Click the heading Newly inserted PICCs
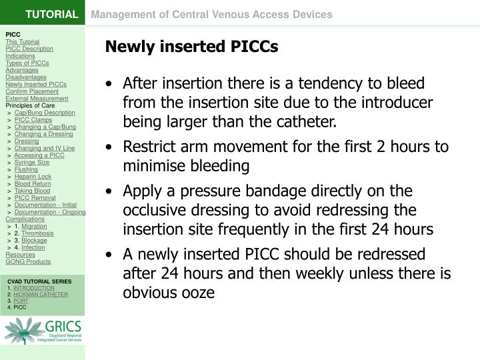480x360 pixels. (191, 47)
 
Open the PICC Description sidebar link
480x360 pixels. (29, 49)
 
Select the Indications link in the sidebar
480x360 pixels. (20, 56)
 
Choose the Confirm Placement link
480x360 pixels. (31, 91)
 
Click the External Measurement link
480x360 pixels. (37, 99)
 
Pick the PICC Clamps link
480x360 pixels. (33, 120)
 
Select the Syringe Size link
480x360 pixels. (32, 162)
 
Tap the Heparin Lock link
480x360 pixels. (33, 176)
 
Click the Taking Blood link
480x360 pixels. (32, 191)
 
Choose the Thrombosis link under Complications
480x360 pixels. (37, 233)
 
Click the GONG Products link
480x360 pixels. (28, 262)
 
